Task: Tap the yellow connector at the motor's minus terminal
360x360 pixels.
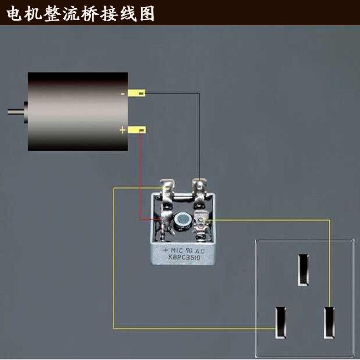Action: pos(137,94)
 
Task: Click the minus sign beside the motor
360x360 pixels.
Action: pos(122,94)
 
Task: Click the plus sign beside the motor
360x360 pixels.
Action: pos(122,130)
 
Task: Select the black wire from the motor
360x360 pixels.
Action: pos(199,133)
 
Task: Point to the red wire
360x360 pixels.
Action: pos(139,183)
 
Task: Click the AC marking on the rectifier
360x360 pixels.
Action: pos(200,251)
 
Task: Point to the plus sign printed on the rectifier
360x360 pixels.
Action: pos(166,250)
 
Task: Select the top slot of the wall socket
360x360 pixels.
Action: pos(303,269)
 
